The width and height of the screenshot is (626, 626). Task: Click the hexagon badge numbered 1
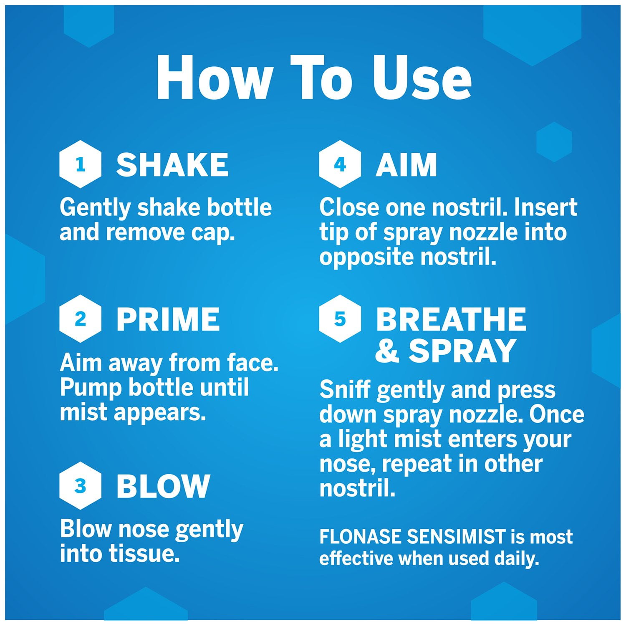tap(80, 164)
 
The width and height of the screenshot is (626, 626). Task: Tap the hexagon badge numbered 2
tap(80, 319)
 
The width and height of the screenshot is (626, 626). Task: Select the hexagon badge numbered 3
tap(80, 486)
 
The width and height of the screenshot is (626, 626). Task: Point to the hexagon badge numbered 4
tap(340, 164)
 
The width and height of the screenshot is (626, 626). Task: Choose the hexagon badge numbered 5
tap(340, 319)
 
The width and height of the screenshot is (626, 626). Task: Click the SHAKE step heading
tap(172, 164)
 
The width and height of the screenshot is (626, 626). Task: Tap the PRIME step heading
tap(168, 319)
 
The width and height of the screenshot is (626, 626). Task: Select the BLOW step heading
tap(163, 486)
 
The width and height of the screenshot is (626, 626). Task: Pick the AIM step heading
tap(406, 164)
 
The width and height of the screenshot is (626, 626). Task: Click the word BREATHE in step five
tap(451, 319)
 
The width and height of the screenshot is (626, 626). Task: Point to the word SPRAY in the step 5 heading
tap(462, 351)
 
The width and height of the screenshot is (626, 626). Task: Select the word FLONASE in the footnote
tap(361, 537)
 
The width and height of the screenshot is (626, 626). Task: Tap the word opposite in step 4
tap(367, 257)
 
